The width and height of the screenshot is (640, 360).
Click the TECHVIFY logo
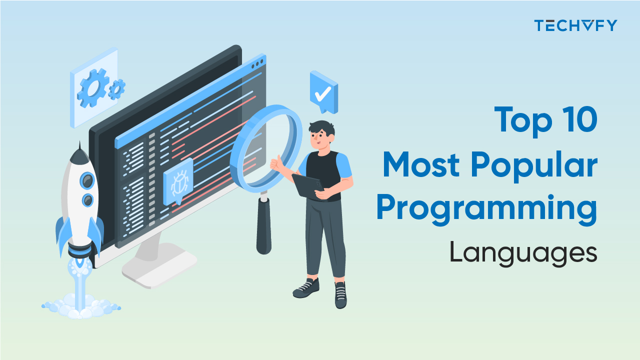click(575, 25)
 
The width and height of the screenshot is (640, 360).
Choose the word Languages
click(523, 253)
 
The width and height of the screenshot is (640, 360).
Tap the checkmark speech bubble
click(323, 92)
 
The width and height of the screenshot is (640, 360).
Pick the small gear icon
click(116, 89)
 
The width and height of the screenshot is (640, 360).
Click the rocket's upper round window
click(87, 180)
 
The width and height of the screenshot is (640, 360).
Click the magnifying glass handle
click(263, 225)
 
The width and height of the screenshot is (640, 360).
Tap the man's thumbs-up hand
click(276, 162)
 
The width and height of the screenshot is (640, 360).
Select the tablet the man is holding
click(306, 185)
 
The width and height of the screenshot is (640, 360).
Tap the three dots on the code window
click(257, 64)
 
